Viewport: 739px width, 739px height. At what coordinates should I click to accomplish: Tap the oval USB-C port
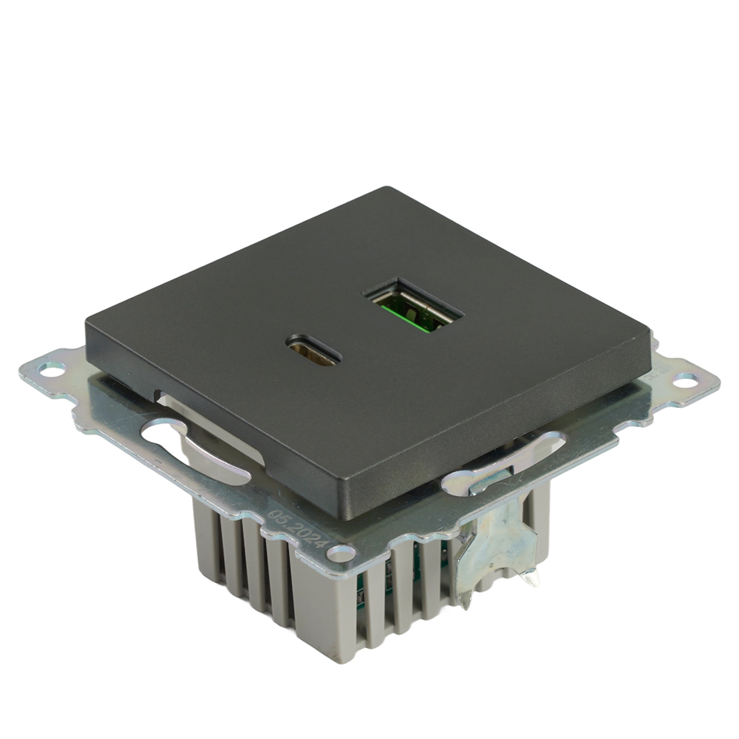pyautogui.click(x=313, y=351)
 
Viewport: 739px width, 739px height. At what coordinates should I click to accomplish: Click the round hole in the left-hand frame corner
pyautogui.click(x=52, y=367)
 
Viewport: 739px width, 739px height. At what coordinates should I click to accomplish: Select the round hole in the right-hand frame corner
pyautogui.click(x=685, y=380)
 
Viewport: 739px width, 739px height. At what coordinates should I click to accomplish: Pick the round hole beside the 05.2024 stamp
pyautogui.click(x=341, y=551)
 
